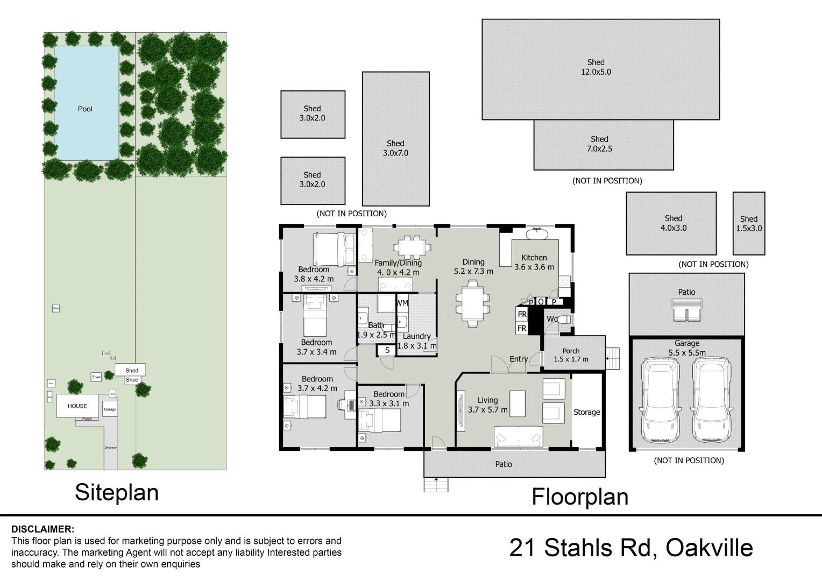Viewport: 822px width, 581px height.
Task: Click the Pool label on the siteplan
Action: [85, 109]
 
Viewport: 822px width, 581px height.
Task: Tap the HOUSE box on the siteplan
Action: [77, 406]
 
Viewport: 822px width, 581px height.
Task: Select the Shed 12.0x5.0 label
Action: [596, 67]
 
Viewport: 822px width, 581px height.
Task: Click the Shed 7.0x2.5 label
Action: [599, 144]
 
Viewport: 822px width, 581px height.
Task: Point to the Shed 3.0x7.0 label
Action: [395, 148]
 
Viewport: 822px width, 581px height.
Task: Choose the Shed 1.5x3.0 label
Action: [748, 223]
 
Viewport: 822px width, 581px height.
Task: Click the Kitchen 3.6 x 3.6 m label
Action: [534, 262]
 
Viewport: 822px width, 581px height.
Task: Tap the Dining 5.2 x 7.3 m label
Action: [473, 267]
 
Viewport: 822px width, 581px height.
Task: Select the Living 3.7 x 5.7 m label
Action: [487, 405]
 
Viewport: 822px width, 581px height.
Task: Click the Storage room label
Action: [586, 412]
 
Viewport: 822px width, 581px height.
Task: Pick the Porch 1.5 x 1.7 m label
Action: [571, 355]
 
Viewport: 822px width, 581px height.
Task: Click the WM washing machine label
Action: [402, 303]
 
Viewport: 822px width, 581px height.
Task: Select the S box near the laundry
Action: [387, 350]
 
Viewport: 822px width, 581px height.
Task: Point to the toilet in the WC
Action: [563, 320]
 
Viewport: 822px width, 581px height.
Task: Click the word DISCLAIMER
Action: [43, 529]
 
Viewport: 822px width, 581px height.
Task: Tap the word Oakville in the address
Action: [708, 548]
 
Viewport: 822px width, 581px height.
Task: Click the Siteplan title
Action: [117, 492]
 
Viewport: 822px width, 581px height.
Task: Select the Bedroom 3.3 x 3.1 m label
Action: [389, 399]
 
